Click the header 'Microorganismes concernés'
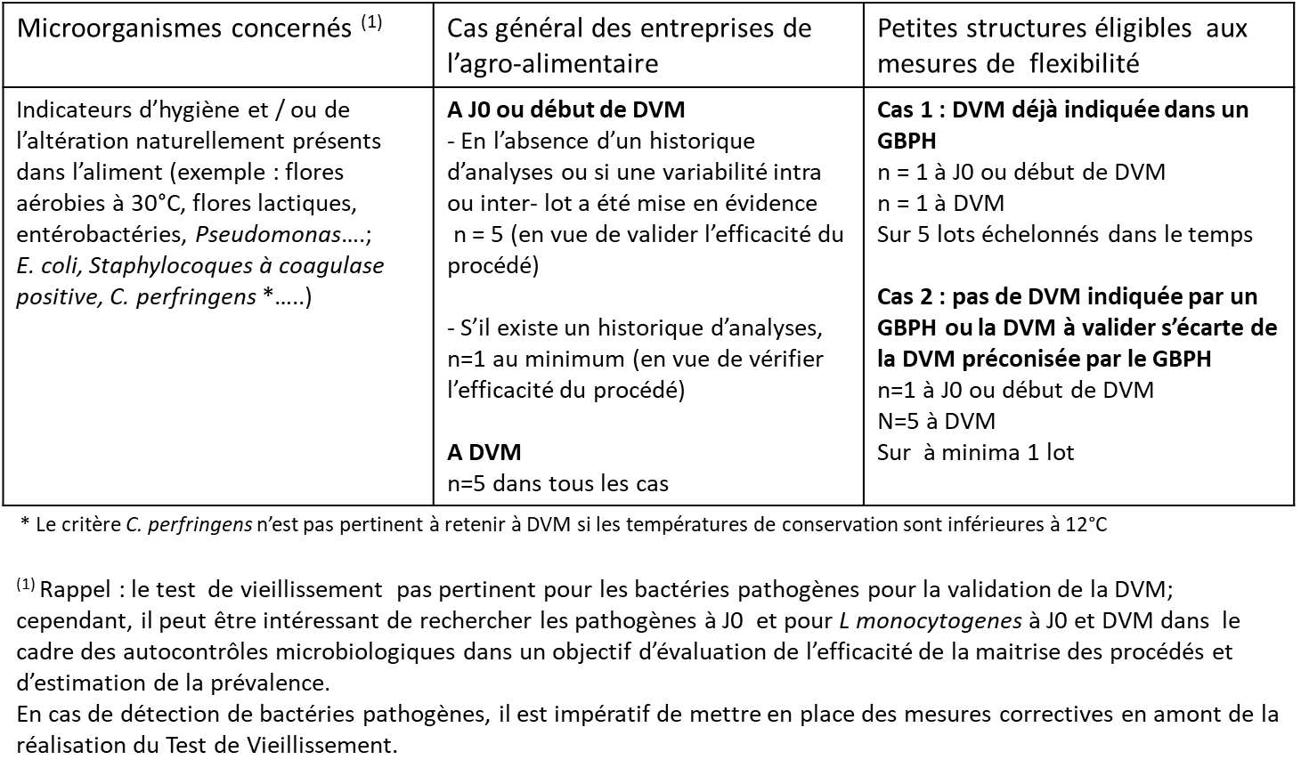click(x=184, y=28)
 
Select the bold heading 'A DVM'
click(x=484, y=452)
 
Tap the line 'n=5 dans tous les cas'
click(x=557, y=483)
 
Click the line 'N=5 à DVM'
click(x=936, y=421)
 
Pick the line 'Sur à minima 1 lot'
click(x=975, y=452)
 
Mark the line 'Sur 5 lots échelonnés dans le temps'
click(x=1065, y=235)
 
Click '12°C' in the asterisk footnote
click(x=1086, y=524)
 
